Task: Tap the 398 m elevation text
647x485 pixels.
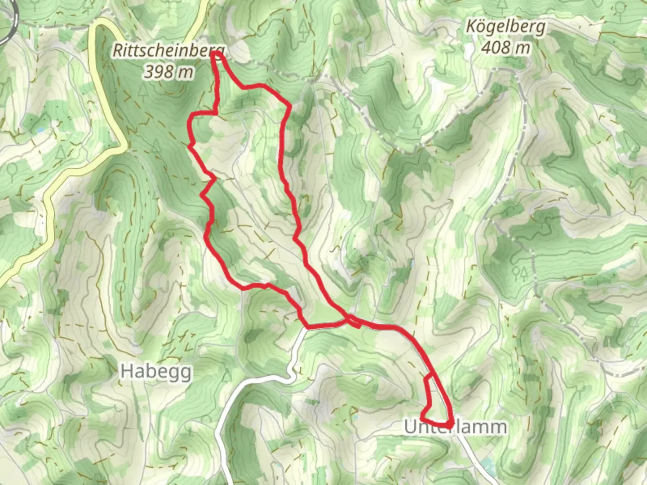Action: click(x=168, y=72)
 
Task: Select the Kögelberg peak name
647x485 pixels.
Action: click(x=505, y=27)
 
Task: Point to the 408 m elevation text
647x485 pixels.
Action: click(x=505, y=47)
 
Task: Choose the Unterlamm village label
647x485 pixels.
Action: click(x=455, y=427)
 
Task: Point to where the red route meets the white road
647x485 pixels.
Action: click(x=306, y=326)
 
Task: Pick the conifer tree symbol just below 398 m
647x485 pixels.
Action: click(x=143, y=92)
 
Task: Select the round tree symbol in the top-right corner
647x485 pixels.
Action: click(x=621, y=8)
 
